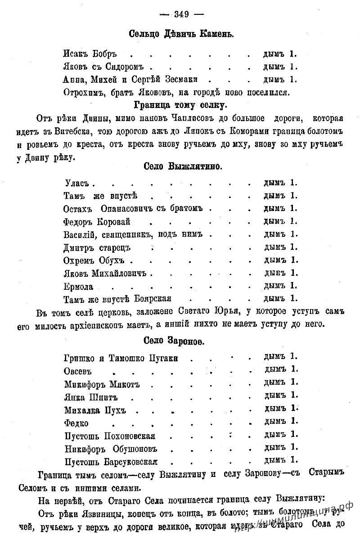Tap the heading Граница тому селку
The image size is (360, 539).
pyautogui.click(x=180, y=106)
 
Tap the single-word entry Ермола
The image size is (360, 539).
pyautogui.click(x=79, y=286)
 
